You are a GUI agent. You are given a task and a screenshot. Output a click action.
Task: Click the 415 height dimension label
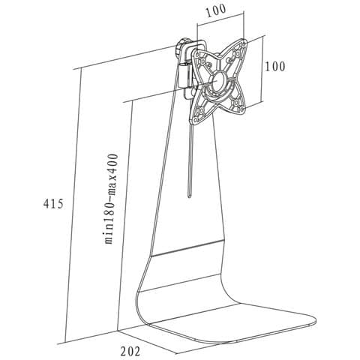click(53, 204)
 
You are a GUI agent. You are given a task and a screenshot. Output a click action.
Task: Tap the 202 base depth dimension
click(130, 351)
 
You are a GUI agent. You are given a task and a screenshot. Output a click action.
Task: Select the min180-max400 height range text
click(111, 199)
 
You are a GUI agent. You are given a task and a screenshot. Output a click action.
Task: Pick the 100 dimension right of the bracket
click(274, 67)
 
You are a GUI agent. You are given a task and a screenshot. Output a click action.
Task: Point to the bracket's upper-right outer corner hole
click(244, 44)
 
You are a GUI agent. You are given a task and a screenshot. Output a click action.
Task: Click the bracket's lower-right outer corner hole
click(241, 109)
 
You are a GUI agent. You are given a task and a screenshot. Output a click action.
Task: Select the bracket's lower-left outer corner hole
click(195, 121)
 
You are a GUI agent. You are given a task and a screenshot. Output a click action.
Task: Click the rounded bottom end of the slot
click(190, 196)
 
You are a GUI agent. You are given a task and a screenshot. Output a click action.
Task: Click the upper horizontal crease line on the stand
click(187, 248)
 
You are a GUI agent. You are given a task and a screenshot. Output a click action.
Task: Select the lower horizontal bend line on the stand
click(179, 283)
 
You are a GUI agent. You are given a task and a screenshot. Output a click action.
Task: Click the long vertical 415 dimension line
click(73, 242)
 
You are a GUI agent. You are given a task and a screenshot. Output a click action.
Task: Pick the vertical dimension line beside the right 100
click(262, 69)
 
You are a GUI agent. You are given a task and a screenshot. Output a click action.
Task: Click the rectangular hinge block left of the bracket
click(184, 76)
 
